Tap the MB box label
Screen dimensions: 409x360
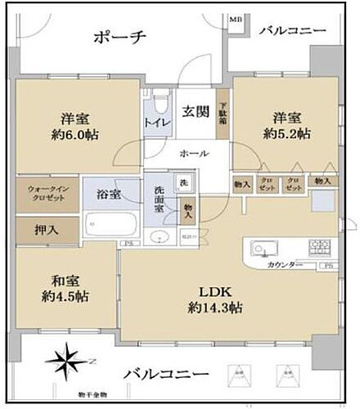(x=236, y=17)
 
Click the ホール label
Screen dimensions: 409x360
(x=195, y=155)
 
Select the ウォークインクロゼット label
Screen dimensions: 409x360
(x=46, y=193)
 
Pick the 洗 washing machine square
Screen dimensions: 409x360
(x=184, y=182)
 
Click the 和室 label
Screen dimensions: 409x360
(x=64, y=280)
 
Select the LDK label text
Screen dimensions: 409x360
(x=215, y=292)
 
